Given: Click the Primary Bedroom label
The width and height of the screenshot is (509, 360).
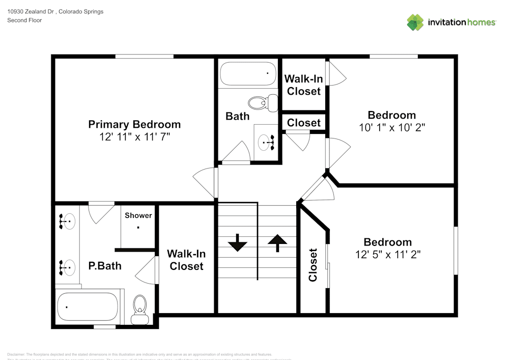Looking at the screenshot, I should [134, 124].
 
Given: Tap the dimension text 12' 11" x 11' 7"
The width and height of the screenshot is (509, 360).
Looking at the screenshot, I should [134, 137].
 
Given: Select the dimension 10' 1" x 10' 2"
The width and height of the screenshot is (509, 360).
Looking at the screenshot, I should [392, 128].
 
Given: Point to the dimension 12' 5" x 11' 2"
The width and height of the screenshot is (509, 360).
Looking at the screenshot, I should [388, 255].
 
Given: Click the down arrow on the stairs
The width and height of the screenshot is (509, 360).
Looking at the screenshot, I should [237, 243].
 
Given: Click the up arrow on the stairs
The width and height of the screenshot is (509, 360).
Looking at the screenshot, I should [277, 242].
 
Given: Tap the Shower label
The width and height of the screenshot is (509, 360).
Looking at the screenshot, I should [138, 215].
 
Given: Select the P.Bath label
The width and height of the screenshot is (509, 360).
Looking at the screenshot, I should [105, 265].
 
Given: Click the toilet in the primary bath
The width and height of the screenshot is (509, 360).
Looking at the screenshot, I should [139, 309].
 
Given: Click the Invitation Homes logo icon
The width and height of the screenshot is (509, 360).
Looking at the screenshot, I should [415, 22].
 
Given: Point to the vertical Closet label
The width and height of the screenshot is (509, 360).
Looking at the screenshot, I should [313, 265].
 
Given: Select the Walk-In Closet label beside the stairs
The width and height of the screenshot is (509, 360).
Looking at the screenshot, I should [186, 260].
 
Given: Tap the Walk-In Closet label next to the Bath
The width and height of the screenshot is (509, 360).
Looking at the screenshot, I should [303, 85].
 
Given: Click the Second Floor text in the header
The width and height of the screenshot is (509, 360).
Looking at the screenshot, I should [24, 20].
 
